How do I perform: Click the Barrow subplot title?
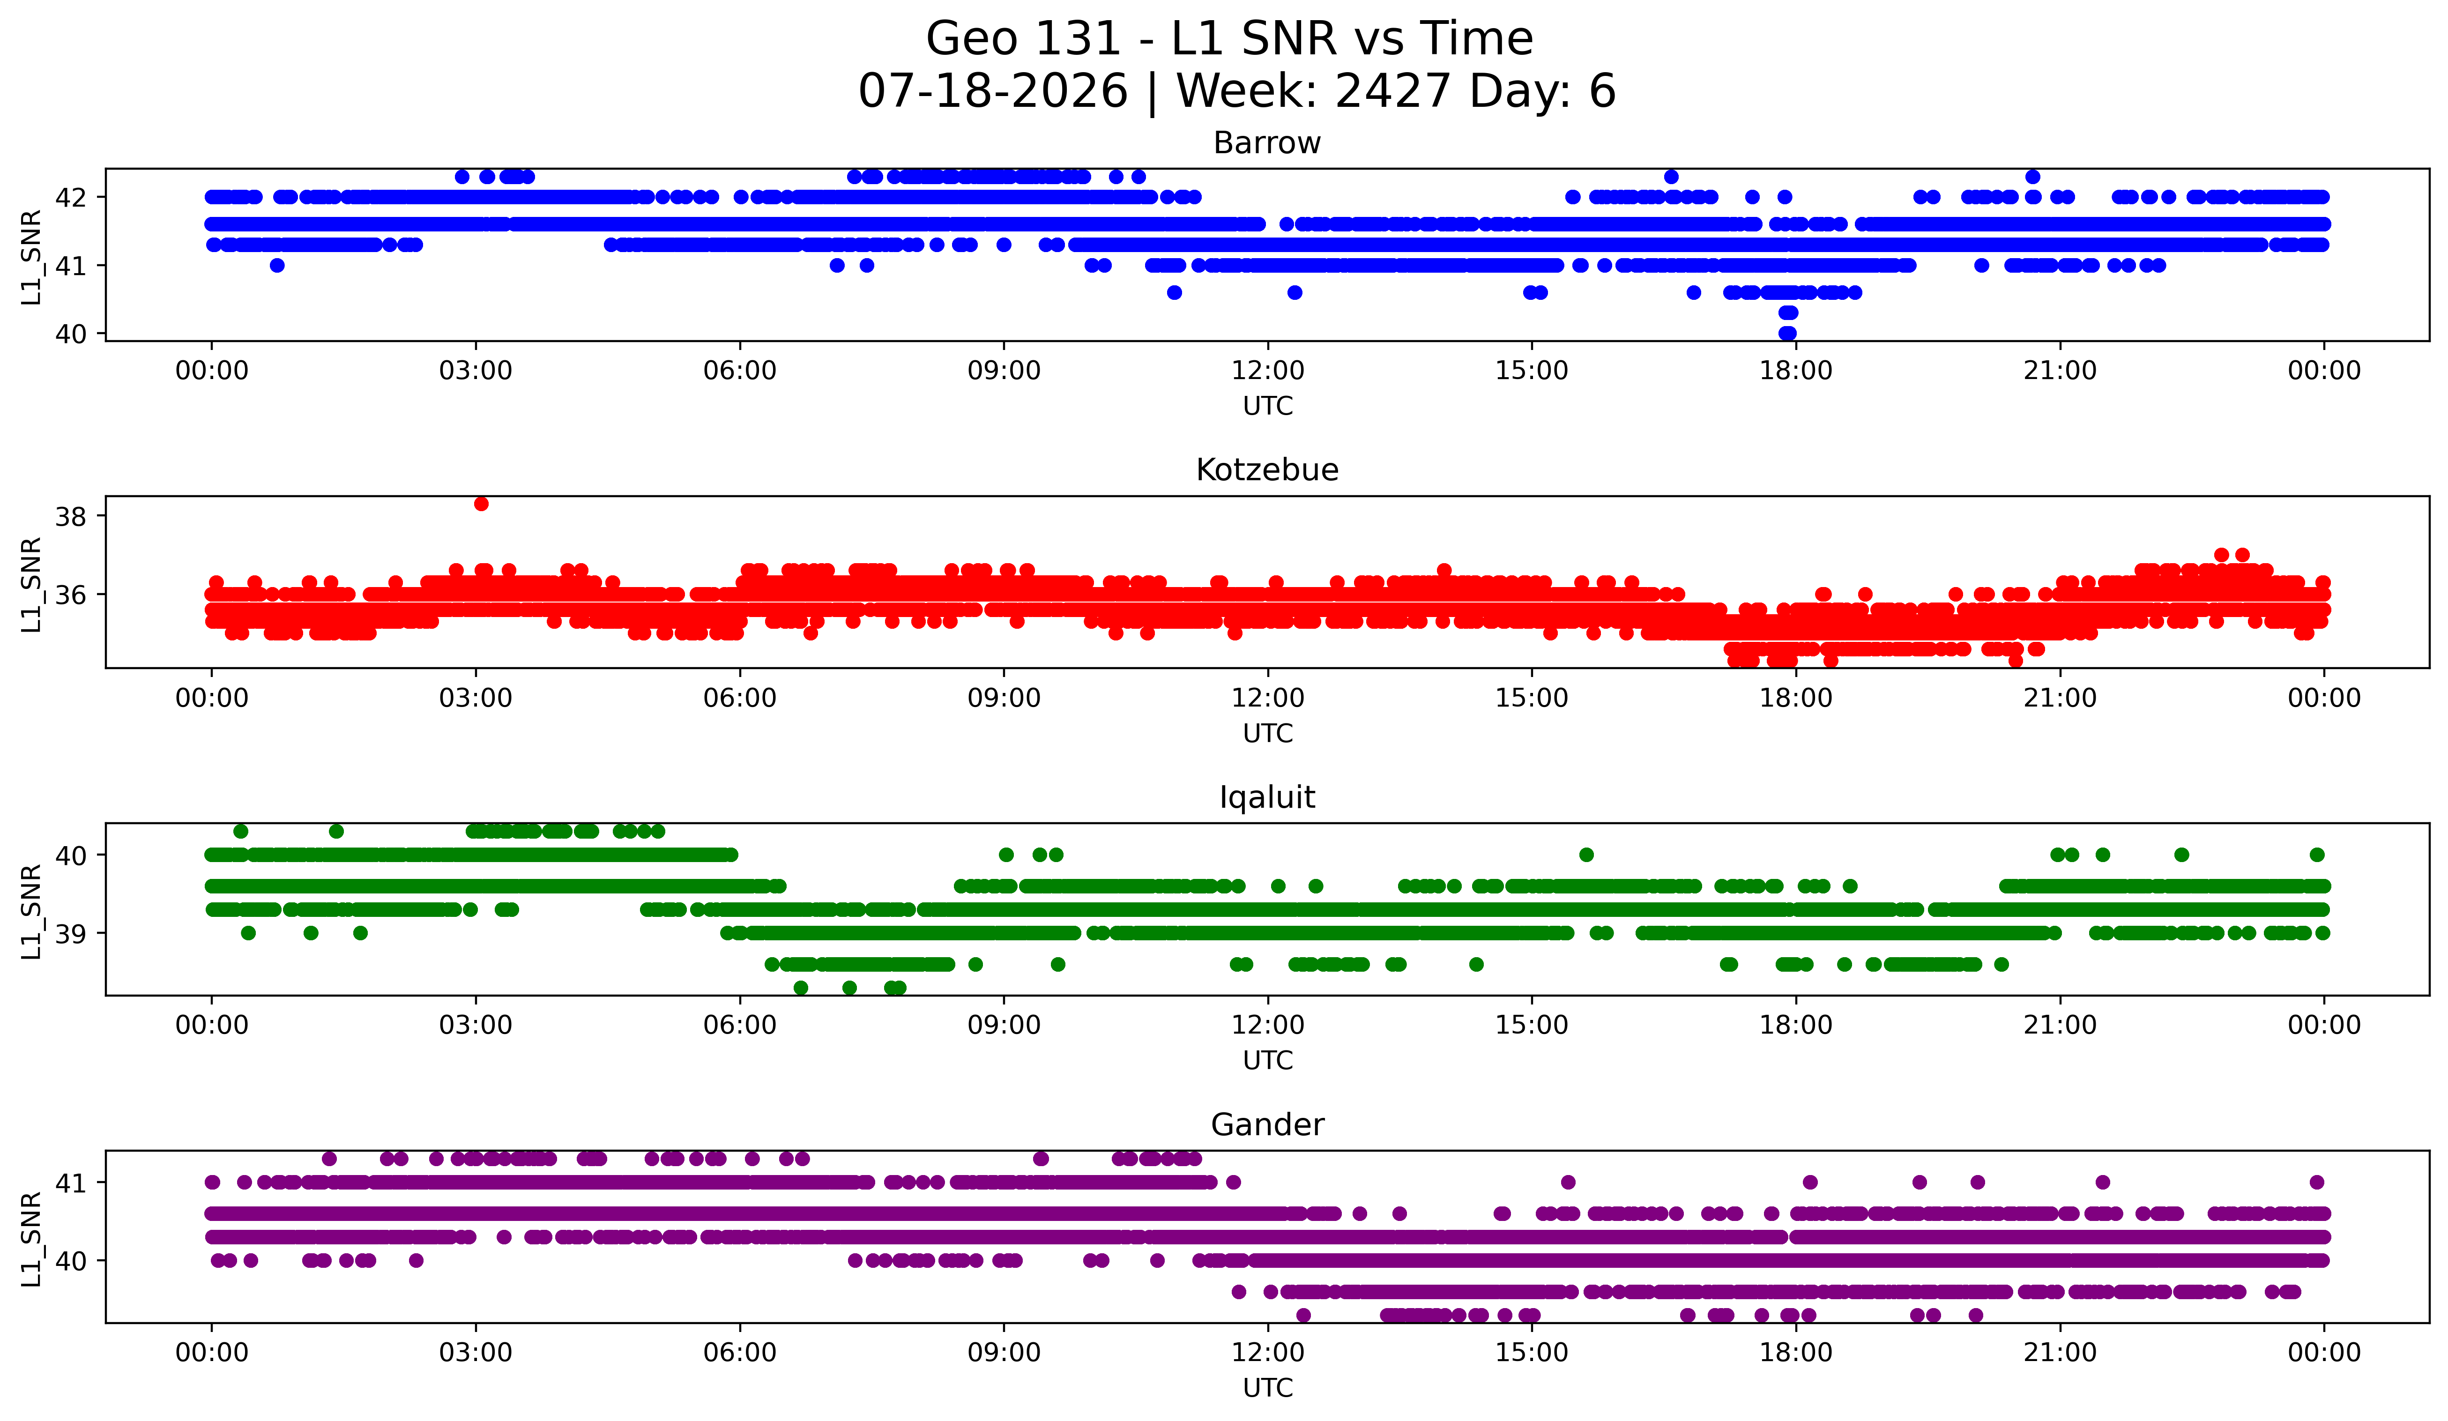click(x=1267, y=143)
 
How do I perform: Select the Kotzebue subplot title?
click(x=1267, y=470)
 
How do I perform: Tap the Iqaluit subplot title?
click(x=1267, y=797)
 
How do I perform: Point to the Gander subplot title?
click(x=1267, y=1125)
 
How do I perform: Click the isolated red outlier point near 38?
click(x=481, y=503)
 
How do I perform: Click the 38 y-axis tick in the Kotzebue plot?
click(x=71, y=517)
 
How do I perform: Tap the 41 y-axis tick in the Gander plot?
click(x=71, y=1183)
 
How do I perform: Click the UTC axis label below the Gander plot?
click(x=1268, y=1388)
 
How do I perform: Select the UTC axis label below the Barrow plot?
click(x=1268, y=406)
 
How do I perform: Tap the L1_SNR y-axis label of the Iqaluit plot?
click(x=31, y=911)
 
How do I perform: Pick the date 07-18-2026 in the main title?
click(x=993, y=91)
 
